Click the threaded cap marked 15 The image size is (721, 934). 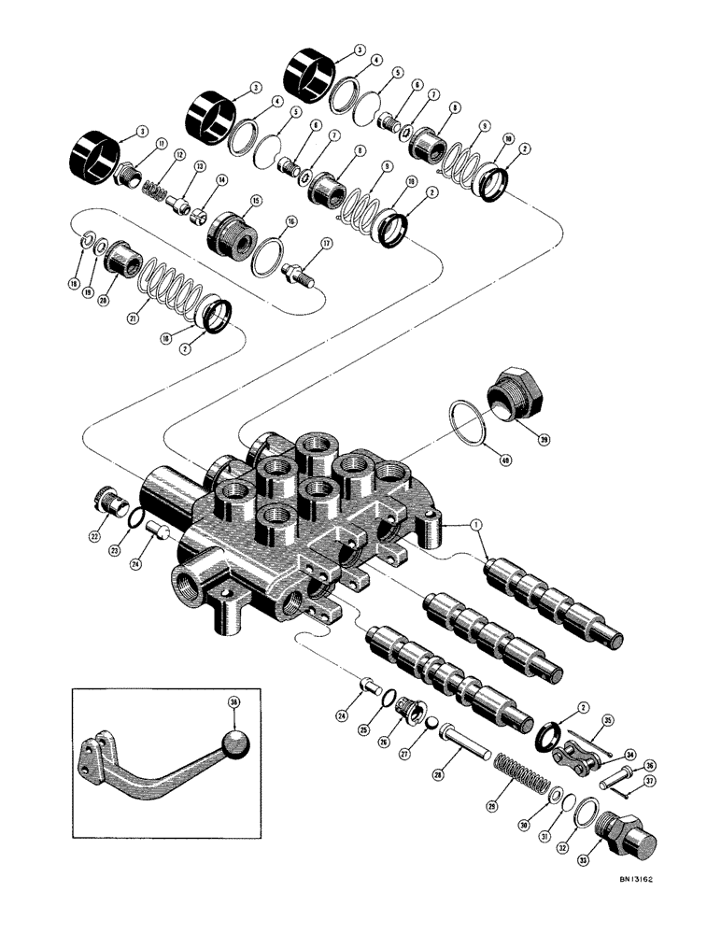(232, 232)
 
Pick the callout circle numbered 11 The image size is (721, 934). (161, 143)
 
